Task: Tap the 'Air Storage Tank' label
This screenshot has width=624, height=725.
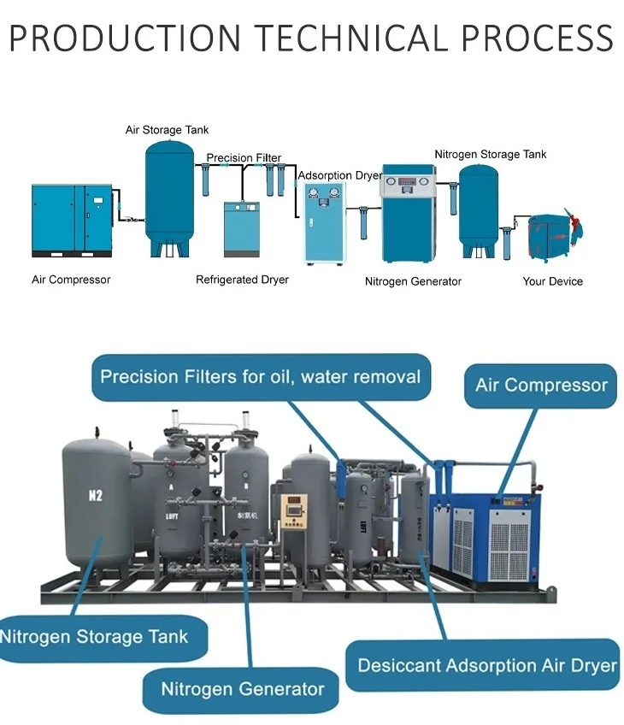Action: (x=167, y=130)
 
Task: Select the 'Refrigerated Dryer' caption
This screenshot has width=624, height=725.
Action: (x=242, y=280)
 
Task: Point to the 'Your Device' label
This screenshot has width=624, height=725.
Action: (x=553, y=281)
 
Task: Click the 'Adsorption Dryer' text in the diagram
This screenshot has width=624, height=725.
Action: (x=340, y=176)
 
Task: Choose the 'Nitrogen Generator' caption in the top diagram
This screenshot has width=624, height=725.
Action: (x=413, y=281)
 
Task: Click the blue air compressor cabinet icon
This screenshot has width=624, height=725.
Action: (x=72, y=221)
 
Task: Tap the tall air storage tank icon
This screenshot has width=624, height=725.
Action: (x=169, y=199)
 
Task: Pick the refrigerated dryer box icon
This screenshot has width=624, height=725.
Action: (x=242, y=229)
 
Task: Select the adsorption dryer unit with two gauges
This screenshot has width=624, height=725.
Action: (x=325, y=223)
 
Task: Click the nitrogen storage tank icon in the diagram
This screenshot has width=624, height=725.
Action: (x=479, y=211)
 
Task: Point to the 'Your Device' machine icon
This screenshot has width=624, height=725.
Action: (x=555, y=237)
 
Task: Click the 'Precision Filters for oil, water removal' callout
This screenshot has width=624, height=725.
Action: (x=262, y=377)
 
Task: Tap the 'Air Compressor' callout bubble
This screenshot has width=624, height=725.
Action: (x=541, y=386)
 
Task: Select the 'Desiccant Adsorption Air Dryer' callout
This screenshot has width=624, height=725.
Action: (x=483, y=665)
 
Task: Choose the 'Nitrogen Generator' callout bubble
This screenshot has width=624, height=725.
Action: (x=241, y=690)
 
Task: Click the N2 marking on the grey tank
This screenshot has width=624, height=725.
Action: (x=95, y=496)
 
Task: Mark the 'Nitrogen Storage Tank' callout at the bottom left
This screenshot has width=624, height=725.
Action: (x=103, y=638)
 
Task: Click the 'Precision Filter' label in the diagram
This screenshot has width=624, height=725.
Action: (x=244, y=157)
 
